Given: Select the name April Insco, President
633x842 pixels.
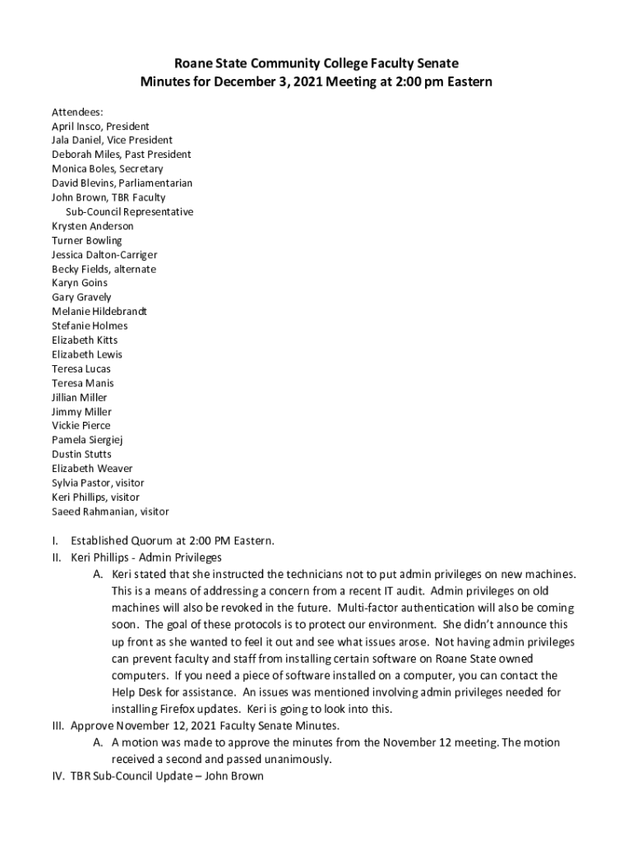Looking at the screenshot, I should click(x=100, y=127).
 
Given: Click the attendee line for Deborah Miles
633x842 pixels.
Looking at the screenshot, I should click(x=121, y=155).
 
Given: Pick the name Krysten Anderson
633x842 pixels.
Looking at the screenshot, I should click(x=92, y=226).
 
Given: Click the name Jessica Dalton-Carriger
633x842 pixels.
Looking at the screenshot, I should click(x=104, y=255).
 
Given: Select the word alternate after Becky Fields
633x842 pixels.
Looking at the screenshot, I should click(x=134, y=269).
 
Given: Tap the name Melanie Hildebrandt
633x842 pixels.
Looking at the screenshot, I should click(x=99, y=312).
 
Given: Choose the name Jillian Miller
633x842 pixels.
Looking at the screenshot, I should click(x=80, y=397).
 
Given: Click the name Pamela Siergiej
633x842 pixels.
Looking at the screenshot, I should click(x=87, y=440).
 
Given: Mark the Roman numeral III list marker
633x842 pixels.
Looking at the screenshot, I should click(x=58, y=727).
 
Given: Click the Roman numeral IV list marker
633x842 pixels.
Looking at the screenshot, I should click(x=58, y=775).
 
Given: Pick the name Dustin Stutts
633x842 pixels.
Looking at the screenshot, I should click(x=81, y=454).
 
